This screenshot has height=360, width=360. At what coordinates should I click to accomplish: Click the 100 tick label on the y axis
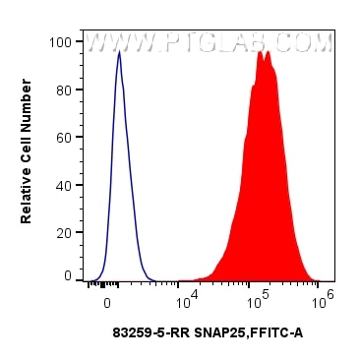(x=59, y=42)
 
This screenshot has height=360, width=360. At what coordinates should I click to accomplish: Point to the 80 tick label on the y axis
(x=63, y=90)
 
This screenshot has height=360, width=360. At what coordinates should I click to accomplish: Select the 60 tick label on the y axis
(x=63, y=137)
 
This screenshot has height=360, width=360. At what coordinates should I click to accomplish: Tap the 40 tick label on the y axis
(x=63, y=184)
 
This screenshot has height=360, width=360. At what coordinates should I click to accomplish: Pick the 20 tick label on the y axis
(x=63, y=230)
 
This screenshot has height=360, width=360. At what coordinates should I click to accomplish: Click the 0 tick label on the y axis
(x=67, y=276)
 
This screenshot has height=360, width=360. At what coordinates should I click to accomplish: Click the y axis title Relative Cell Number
(x=27, y=159)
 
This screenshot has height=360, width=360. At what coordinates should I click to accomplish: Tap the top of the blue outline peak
(x=119, y=53)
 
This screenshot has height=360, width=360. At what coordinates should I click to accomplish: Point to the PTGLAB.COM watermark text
(x=250, y=43)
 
